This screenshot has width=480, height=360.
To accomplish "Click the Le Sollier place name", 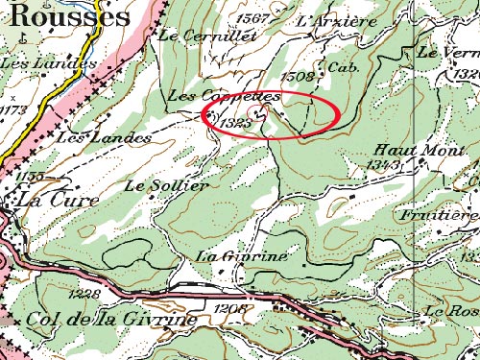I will (166, 185).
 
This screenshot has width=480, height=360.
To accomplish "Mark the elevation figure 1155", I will (31, 177).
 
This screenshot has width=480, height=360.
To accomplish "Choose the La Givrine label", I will (228, 257).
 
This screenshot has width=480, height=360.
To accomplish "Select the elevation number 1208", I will (233, 307).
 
